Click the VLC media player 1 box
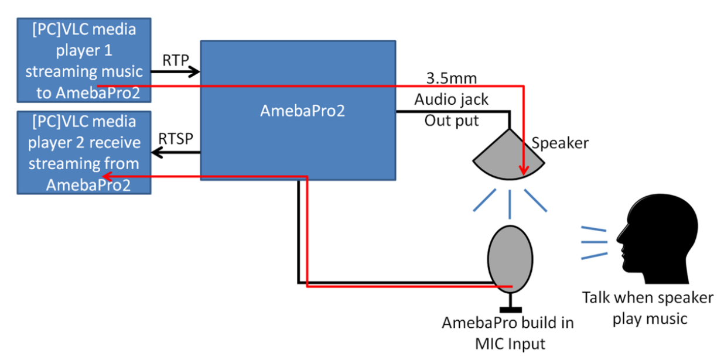point(84,60)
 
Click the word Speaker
point(560,143)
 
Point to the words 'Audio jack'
point(451,100)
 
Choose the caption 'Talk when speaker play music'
point(648,308)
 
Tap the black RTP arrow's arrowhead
point(196,72)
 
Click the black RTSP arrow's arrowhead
point(156,153)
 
